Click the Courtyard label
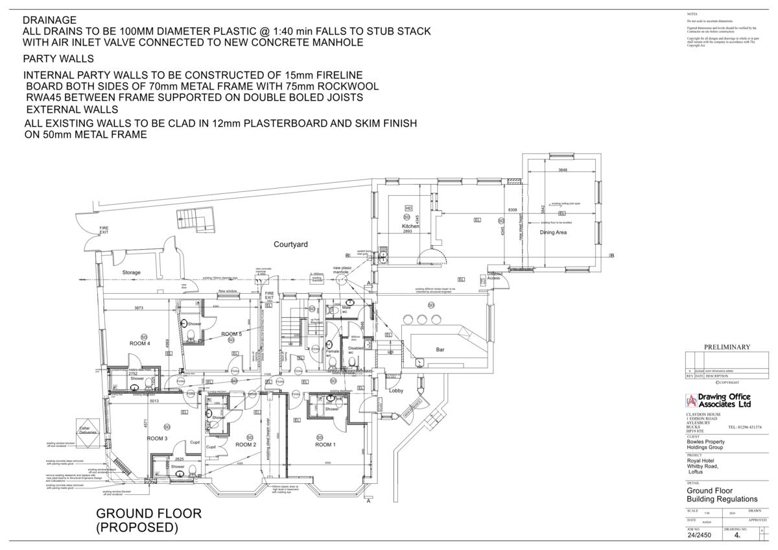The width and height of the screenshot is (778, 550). click(x=290, y=245)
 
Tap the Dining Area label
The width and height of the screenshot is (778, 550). click(x=553, y=232)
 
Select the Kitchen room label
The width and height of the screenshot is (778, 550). click(x=410, y=226)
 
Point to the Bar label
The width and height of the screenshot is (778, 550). click(x=440, y=350)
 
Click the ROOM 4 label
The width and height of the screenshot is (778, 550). click(x=140, y=344)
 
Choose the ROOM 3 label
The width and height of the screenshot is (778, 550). click(x=157, y=439)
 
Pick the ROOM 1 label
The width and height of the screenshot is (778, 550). click(x=325, y=445)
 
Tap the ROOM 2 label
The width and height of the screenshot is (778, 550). click(x=246, y=445)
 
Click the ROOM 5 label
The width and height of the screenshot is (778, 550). click(x=231, y=334)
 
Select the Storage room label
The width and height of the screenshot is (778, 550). click(x=132, y=273)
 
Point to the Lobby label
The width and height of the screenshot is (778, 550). click(x=396, y=390)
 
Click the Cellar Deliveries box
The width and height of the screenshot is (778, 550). click(x=88, y=429)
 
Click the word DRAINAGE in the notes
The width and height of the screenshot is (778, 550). click(x=49, y=21)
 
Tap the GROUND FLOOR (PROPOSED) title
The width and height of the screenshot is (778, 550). click(x=148, y=521)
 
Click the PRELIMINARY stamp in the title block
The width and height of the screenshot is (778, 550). click(x=727, y=347)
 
